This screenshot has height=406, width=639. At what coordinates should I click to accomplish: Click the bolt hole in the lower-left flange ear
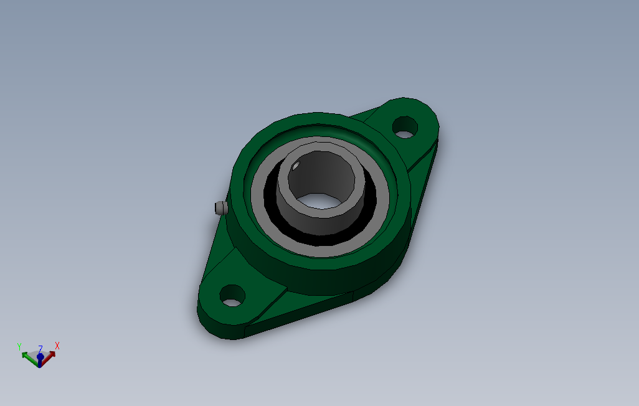click(x=232, y=295)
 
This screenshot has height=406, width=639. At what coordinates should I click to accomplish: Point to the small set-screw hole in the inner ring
click(x=296, y=165)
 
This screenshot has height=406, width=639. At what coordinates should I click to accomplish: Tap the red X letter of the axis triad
click(x=57, y=345)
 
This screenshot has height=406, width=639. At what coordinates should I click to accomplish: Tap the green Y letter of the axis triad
click(x=19, y=346)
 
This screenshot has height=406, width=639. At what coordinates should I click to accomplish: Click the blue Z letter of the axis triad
click(x=40, y=349)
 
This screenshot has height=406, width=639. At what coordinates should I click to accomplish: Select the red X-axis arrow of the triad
click(x=49, y=355)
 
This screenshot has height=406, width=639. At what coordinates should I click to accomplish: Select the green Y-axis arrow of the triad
click(x=29, y=356)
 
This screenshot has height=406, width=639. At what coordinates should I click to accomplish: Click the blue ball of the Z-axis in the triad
click(x=40, y=357)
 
